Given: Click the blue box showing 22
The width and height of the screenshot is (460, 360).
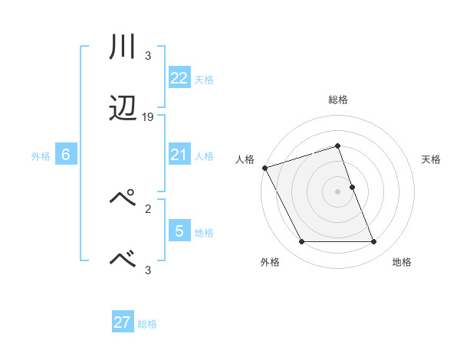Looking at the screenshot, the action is tap(179, 78).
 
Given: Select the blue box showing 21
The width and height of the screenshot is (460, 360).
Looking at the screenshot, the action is tap(179, 155).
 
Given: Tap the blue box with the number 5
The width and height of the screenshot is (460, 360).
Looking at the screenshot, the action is tap(179, 230).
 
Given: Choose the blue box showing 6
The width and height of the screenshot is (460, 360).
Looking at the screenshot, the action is tap(65, 155).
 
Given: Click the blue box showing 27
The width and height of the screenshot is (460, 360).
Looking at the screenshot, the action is tap(122, 322).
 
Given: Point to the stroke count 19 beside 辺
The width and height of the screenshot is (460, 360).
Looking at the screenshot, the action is tap(148, 117).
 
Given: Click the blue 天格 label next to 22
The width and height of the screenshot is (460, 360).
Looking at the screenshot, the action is tap(204, 80).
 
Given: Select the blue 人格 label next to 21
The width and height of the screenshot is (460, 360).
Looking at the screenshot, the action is tap(204, 156).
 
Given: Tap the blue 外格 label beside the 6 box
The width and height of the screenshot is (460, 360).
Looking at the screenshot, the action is tap(41, 156).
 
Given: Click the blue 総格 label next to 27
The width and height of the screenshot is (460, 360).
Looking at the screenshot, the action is tap(147, 324).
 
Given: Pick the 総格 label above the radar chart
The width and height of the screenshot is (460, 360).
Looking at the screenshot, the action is tap(338, 100).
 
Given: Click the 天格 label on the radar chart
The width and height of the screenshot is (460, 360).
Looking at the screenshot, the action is tap(431, 159).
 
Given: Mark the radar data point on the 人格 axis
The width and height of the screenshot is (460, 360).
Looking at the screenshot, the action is tap(264, 168).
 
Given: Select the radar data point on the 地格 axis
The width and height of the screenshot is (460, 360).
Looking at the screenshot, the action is tap(373, 242).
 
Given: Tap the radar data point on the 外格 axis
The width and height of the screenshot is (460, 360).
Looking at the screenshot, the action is tap(301, 242).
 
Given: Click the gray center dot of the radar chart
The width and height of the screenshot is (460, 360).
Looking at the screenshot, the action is tap(337, 191).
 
